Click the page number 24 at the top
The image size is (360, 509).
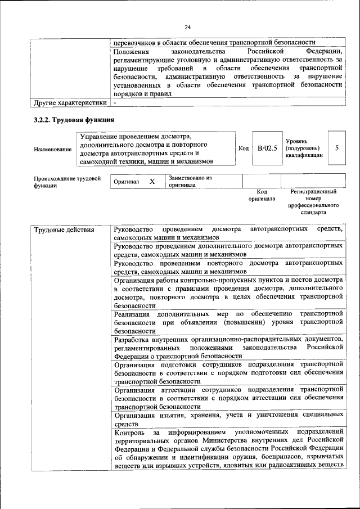187,27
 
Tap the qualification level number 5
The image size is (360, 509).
336,148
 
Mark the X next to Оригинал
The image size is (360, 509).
152,182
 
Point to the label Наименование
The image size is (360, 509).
53,149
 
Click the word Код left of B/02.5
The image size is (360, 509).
243,148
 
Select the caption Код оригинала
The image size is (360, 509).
262,195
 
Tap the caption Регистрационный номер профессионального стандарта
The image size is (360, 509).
313,202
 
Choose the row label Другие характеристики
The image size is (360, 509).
70,103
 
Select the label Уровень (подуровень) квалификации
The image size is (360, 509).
304,148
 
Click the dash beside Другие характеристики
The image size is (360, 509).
115,103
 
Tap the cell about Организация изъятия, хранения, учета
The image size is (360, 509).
228,420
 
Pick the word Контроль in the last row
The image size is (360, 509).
130,434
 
